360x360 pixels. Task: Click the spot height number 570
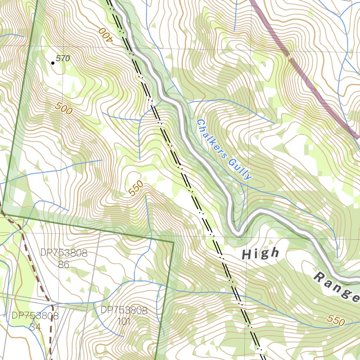click(63, 59)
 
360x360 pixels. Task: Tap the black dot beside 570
click(53, 63)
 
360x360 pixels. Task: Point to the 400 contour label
click(105, 34)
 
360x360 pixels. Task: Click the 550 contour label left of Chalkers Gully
click(136, 188)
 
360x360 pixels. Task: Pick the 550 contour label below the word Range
click(336, 320)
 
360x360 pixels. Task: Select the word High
click(261, 253)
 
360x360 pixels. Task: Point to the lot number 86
click(64, 264)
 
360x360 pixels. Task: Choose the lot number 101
click(124, 321)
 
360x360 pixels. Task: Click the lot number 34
click(35, 327)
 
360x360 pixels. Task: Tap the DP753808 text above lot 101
click(124, 310)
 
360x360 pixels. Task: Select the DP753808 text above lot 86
click(64, 253)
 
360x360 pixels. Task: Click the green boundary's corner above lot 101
click(174, 242)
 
